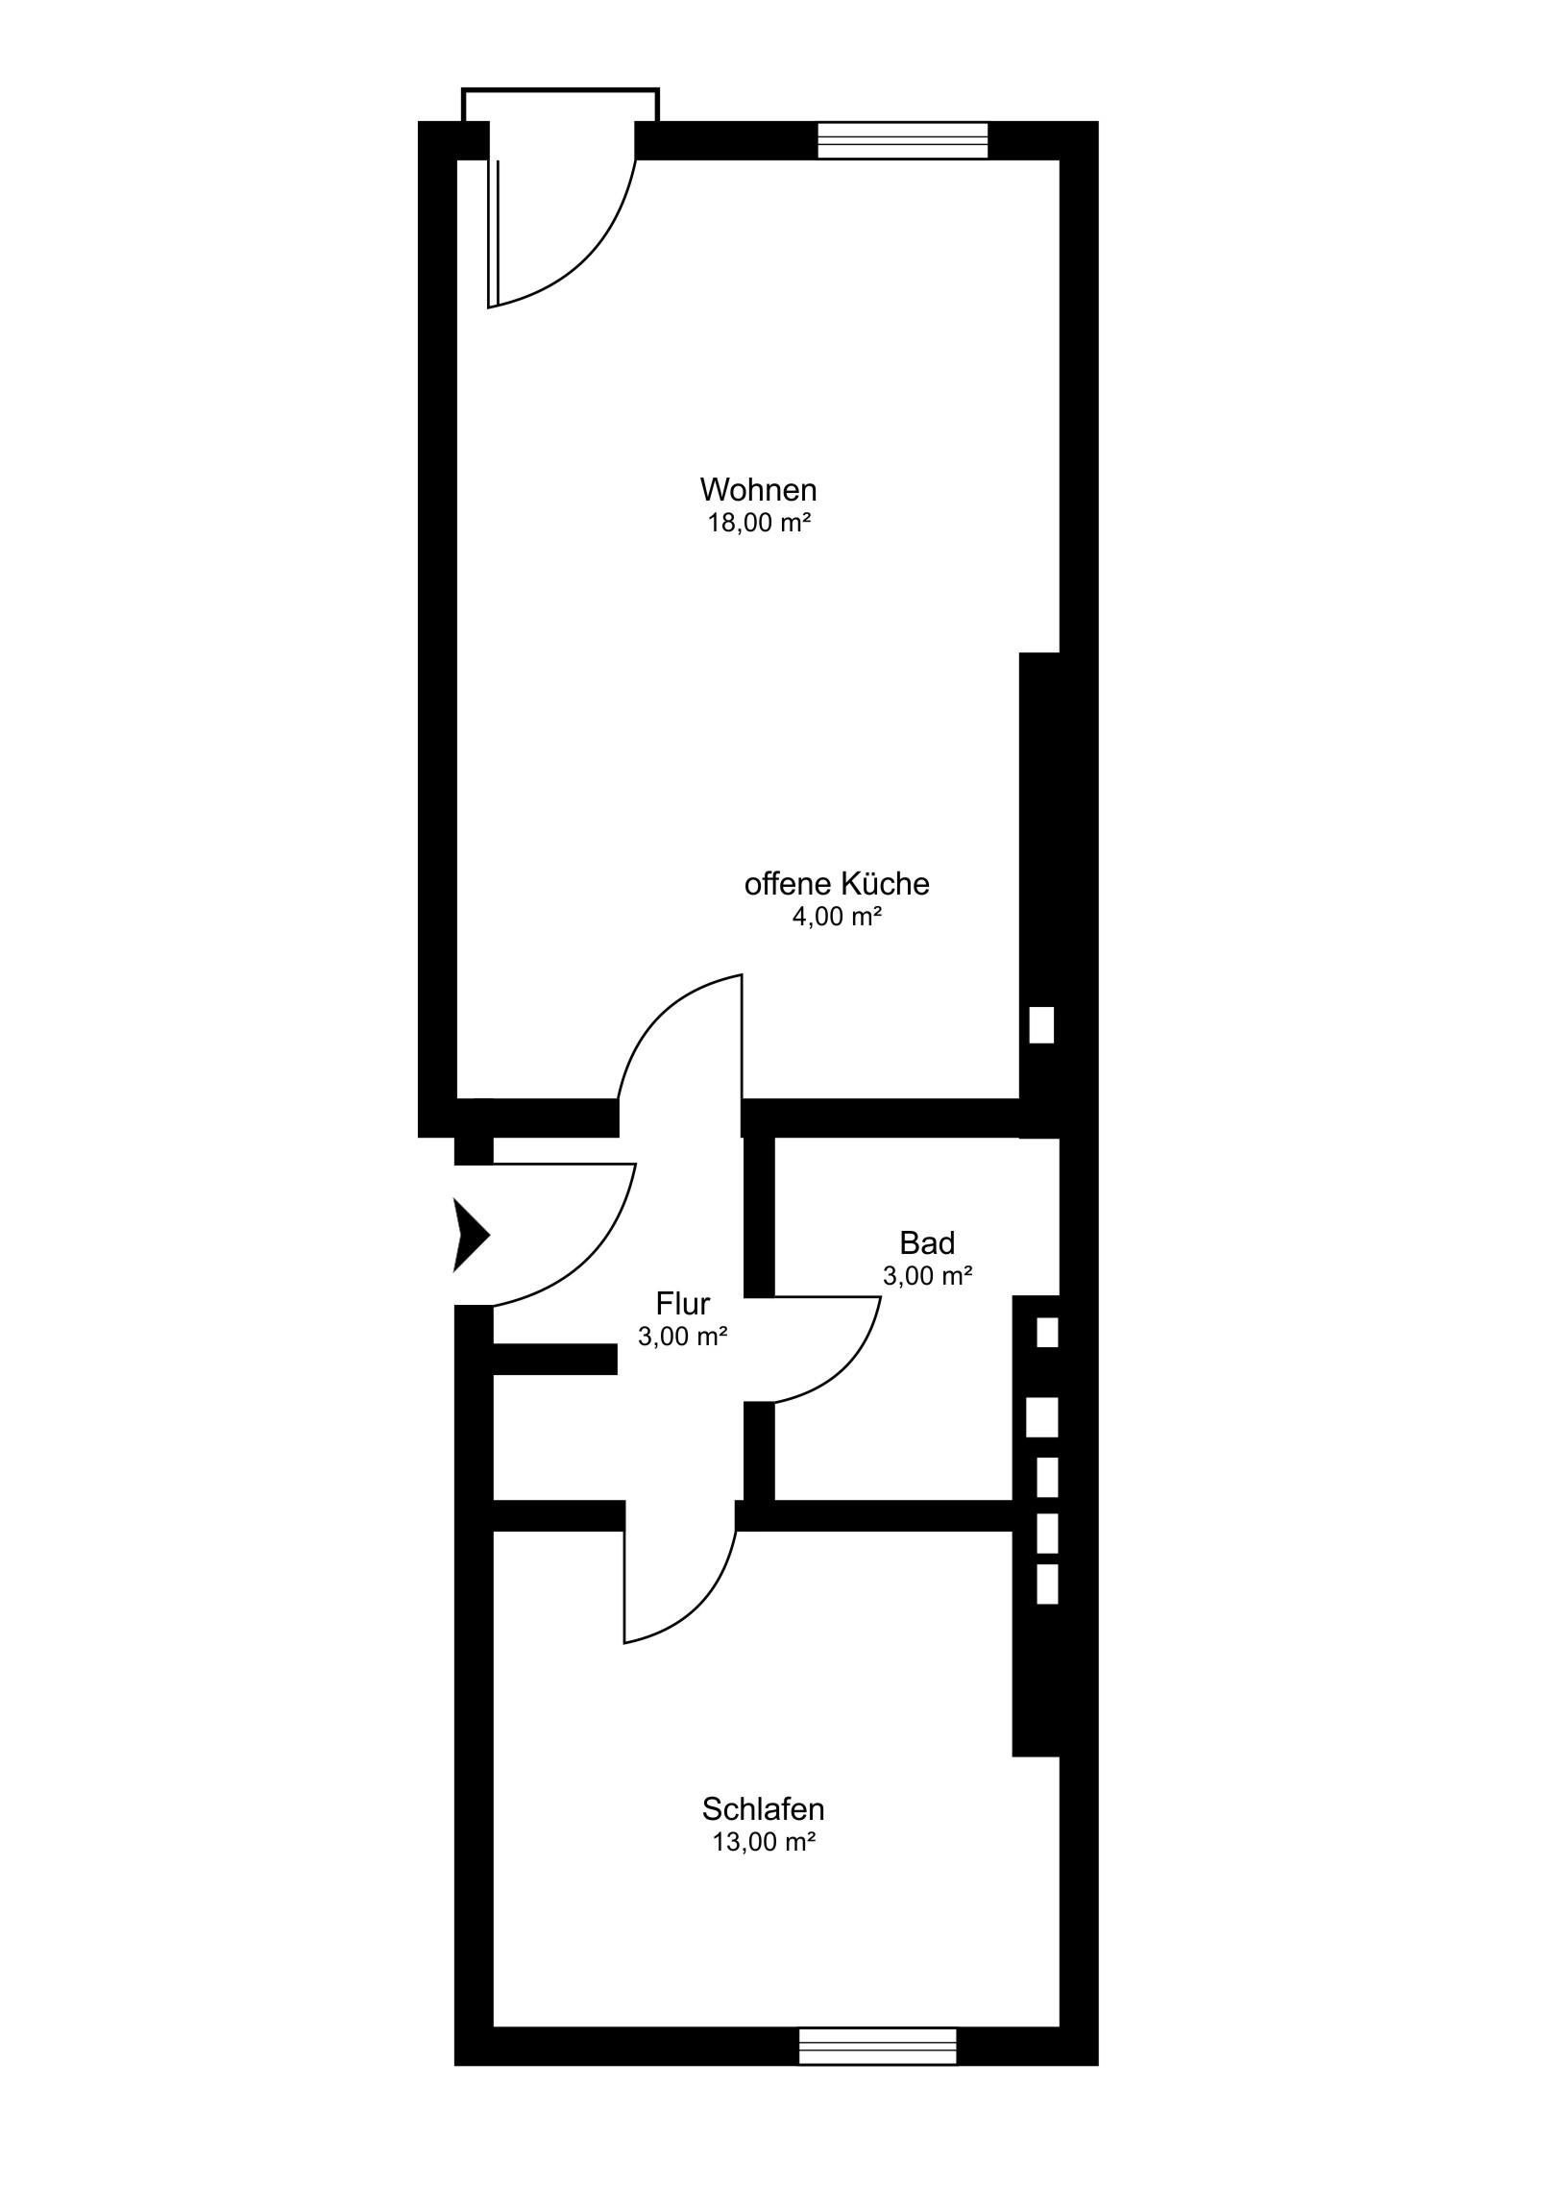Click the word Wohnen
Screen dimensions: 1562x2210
coord(758,490)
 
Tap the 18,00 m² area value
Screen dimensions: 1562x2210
coord(758,524)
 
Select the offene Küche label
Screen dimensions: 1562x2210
coord(838,884)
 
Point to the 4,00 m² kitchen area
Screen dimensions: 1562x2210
coord(838,917)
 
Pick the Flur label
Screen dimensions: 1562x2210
coord(682,1303)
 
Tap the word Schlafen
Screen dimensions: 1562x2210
coord(763,1809)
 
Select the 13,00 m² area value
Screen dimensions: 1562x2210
coord(763,1842)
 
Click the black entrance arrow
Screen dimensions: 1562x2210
coord(472,1235)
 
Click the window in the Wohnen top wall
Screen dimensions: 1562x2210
coord(903,140)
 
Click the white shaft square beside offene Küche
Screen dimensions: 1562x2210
coord(1041,1025)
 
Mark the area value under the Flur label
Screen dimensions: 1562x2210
coord(682,1336)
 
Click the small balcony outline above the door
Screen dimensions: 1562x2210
coord(560,89)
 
